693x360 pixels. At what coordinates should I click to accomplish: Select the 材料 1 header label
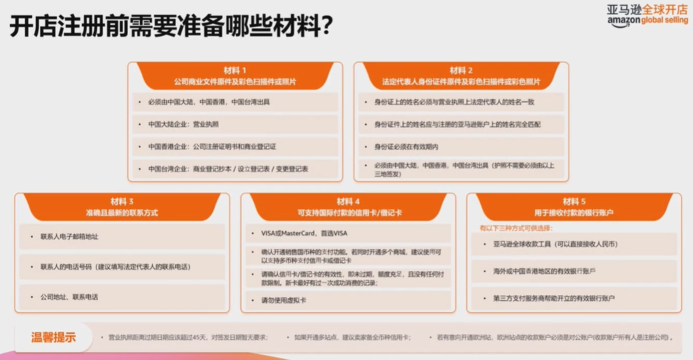[235, 70]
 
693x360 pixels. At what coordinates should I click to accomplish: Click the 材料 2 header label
[461, 70]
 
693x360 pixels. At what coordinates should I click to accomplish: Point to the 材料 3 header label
[122, 201]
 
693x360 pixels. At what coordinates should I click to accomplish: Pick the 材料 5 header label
[574, 201]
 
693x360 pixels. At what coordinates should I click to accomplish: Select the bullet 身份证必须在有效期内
[406, 146]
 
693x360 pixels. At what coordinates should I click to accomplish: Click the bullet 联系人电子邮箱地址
[69, 236]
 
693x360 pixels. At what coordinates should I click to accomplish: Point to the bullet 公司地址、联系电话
[69, 297]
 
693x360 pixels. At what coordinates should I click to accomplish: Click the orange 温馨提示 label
[53, 338]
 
